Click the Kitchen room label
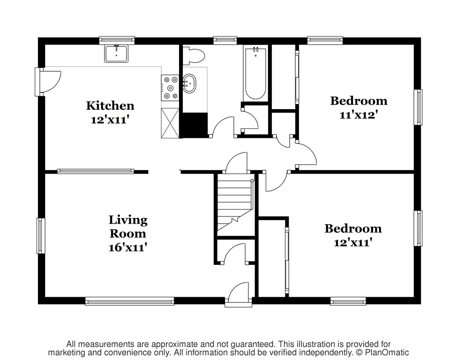(110, 105)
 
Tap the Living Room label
(128, 226)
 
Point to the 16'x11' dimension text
(127, 247)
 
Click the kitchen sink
(116, 53)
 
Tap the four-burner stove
(170, 88)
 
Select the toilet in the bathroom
(194, 56)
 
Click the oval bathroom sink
(189, 83)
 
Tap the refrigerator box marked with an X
(170, 123)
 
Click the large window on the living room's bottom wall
(130, 301)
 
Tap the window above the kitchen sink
(117, 40)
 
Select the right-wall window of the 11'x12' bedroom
(418, 107)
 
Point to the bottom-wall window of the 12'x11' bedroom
(348, 301)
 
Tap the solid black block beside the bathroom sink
(194, 125)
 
